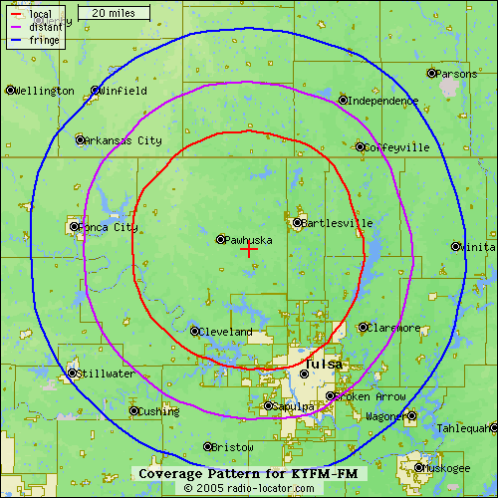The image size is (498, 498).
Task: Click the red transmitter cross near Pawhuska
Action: point(249,249)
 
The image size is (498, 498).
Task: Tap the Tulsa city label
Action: point(324,365)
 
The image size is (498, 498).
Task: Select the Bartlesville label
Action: point(332,222)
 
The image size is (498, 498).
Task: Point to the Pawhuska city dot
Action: point(221,239)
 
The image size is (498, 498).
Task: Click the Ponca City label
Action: point(109,227)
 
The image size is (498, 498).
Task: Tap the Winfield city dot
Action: point(96,90)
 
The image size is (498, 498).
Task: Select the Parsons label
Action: point(458,74)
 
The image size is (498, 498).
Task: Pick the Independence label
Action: point(382,101)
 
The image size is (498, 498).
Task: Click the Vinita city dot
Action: point(456,246)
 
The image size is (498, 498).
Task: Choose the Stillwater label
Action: point(106,374)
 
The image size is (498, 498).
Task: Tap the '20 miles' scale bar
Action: point(114,13)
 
